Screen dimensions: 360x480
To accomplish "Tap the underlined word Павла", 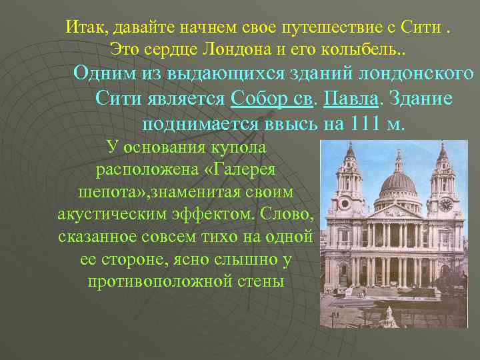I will pos(351,99).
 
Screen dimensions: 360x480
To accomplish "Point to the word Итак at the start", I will pos(87,27).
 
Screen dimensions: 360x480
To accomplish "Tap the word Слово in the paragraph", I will pos(290,214).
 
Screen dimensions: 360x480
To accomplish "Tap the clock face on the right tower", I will pos(445,205).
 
